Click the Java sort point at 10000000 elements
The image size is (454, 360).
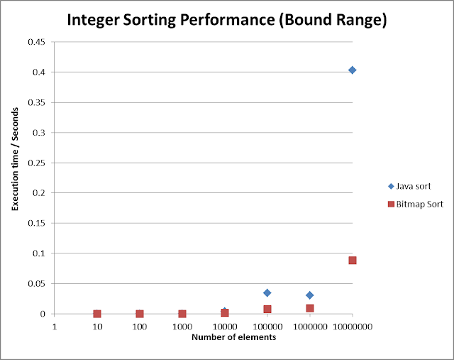coord(352,70)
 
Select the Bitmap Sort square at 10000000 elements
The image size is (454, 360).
coord(352,261)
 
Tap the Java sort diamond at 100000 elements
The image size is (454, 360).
coord(267,293)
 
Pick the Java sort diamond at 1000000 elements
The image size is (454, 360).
coord(309,295)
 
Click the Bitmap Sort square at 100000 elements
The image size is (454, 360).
coord(267,309)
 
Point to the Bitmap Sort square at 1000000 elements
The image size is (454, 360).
coord(310,308)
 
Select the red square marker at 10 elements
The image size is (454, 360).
coord(97,314)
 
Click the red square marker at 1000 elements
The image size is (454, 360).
coord(182,314)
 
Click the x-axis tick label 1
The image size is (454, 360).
coord(54,326)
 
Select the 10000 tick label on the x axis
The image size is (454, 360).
coord(225,326)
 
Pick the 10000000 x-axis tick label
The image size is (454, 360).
coord(353,326)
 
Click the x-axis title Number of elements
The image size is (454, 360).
coord(233,337)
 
